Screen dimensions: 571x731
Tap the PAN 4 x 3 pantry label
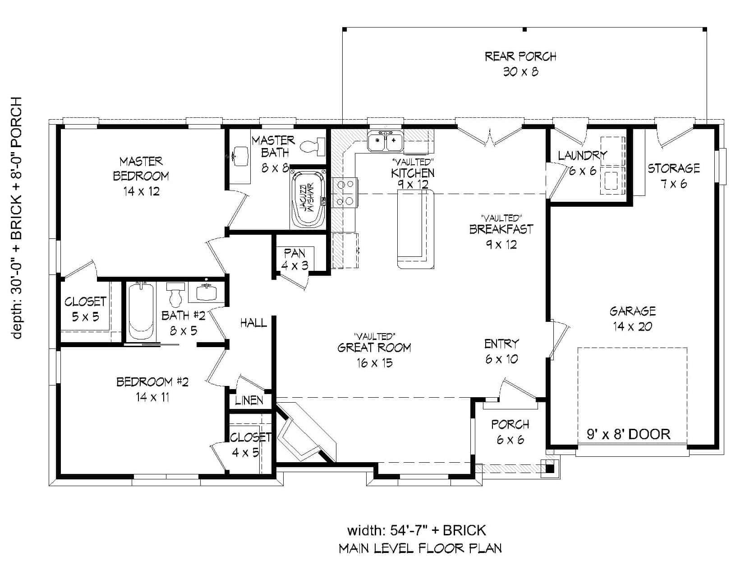coord(294,259)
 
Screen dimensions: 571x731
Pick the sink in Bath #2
coord(207,292)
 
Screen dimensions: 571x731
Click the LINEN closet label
coord(249,400)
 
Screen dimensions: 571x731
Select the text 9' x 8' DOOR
coord(628,434)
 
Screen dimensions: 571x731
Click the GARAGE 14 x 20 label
coord(632,318)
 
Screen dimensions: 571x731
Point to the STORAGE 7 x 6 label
coord(674,176)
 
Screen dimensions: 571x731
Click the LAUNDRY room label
coord(582,162)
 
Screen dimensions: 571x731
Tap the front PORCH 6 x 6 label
coord(510,432)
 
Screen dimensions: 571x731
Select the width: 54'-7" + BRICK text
coord(416,530)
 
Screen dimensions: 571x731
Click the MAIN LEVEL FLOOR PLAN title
coord(420,548)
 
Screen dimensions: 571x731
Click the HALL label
coord(253,323)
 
